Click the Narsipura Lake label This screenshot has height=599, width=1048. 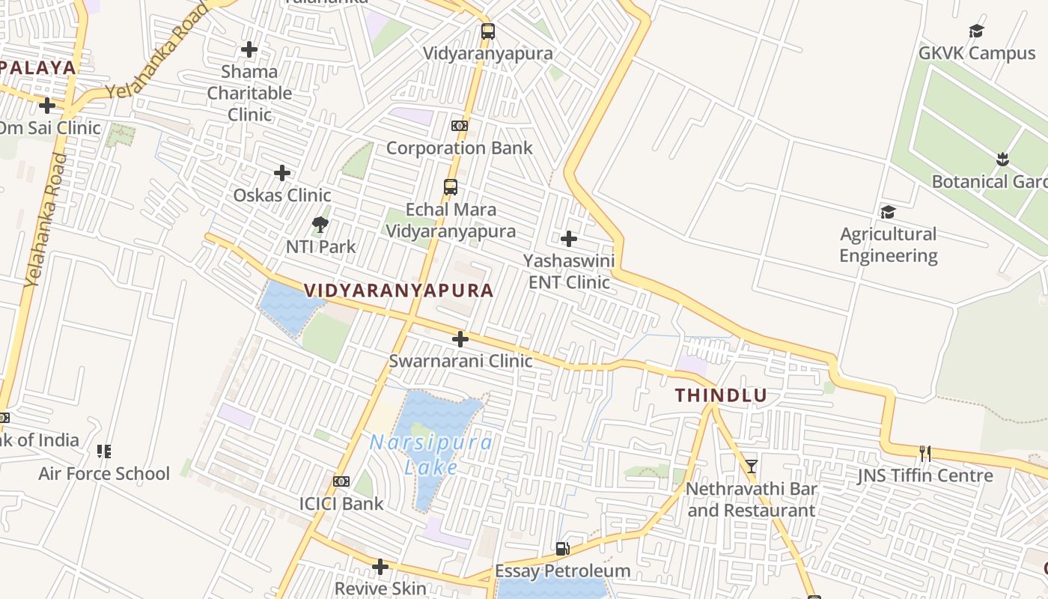click(431, 454)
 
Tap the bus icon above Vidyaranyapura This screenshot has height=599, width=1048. click(488, 31)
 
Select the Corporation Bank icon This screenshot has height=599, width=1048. click(460, 126)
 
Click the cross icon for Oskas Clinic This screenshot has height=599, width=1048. click(282, 173)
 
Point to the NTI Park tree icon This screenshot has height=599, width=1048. click(320, 224)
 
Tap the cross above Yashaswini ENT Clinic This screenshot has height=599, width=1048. click(569, 239)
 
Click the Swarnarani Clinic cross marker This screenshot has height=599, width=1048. click(460, 339)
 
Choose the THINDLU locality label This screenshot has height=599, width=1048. click(722, 395)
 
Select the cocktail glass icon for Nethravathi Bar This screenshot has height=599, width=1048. click(752, 466)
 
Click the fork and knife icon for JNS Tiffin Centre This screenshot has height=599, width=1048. click(925, 453)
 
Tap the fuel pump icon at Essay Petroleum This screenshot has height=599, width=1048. click(562, 549)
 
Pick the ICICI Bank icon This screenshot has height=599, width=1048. click(341, 481)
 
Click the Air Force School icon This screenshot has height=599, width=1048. click(104, 451)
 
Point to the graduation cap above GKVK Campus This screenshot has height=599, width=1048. click(976, 31)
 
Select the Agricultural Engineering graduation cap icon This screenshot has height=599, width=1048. click(888, 212)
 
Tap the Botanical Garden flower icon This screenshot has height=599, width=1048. click(1002, 159)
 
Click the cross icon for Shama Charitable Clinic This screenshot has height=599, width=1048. click(249, 49)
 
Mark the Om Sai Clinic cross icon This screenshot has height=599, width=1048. click(47, 105)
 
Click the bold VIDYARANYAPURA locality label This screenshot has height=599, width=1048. click(398, 291)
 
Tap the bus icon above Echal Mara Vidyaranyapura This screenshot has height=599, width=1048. click(451, 187)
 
